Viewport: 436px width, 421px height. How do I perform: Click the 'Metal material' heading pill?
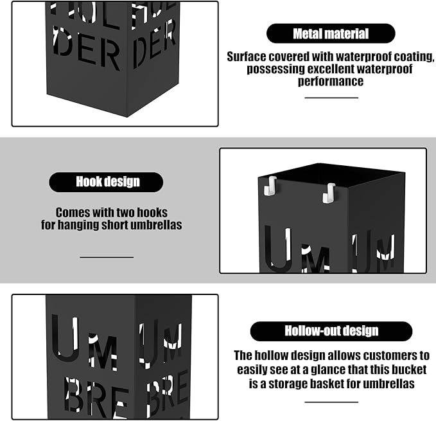coord(331,33)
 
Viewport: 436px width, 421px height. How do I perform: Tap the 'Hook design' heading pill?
coord(106,182)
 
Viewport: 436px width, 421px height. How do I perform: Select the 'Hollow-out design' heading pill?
coord(331,331)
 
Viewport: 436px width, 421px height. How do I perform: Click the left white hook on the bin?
coord(270,186)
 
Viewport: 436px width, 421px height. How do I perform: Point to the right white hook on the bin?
coord(329,193)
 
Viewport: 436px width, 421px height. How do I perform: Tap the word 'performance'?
coord(331,81)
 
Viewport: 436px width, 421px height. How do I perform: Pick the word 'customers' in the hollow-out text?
coord(390,355)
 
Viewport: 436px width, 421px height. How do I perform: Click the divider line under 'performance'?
coord(331,98)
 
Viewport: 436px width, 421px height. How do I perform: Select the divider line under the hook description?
coord(107,257)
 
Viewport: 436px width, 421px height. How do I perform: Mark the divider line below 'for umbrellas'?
coord(331,402)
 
